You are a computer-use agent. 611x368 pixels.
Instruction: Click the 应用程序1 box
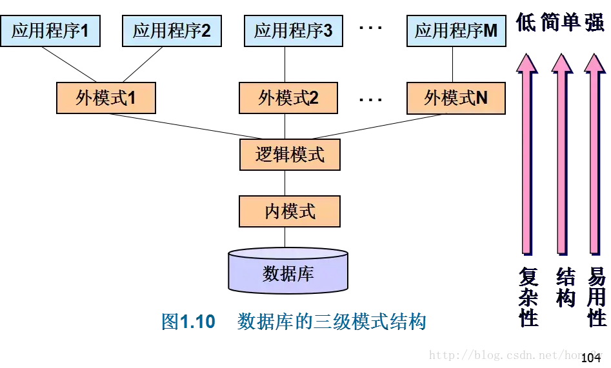click(x=50, y=31)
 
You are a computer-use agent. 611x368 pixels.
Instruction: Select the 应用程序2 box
click(x=172, y=31)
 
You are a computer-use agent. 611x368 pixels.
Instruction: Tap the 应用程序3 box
click(x=293, y=31)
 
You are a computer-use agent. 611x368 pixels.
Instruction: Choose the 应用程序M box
click(x=456, y=31)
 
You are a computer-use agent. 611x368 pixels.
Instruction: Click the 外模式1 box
click(x=106, y=99)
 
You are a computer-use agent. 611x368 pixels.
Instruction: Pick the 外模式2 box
click(x=288, y=99)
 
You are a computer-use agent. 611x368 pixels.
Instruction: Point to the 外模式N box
click(x=456, y=99)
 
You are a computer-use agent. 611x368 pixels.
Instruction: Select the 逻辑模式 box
click(x=290, y=155)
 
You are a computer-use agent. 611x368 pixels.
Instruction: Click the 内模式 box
click(x=290, y=211)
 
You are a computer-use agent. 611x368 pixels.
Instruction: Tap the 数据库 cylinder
click(x=288, y=273)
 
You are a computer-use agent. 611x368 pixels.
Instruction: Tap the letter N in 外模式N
click(x=481, y=99)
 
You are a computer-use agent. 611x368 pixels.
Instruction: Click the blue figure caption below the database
click(x=294, y=320)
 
